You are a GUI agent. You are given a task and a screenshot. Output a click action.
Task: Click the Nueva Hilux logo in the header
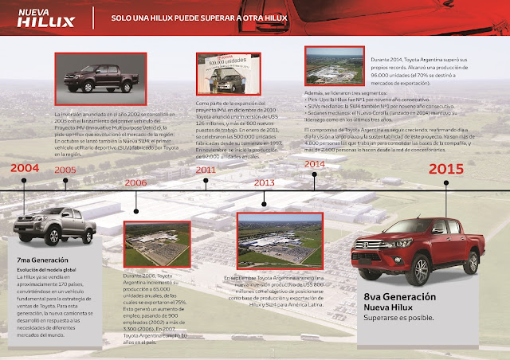tap(53, 17)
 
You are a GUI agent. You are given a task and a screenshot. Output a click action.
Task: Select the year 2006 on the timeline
tap(136, 182)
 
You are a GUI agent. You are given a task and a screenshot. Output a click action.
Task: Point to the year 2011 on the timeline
tap(206, 170)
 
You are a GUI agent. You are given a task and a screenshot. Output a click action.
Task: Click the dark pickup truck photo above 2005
tap(93, 82)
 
